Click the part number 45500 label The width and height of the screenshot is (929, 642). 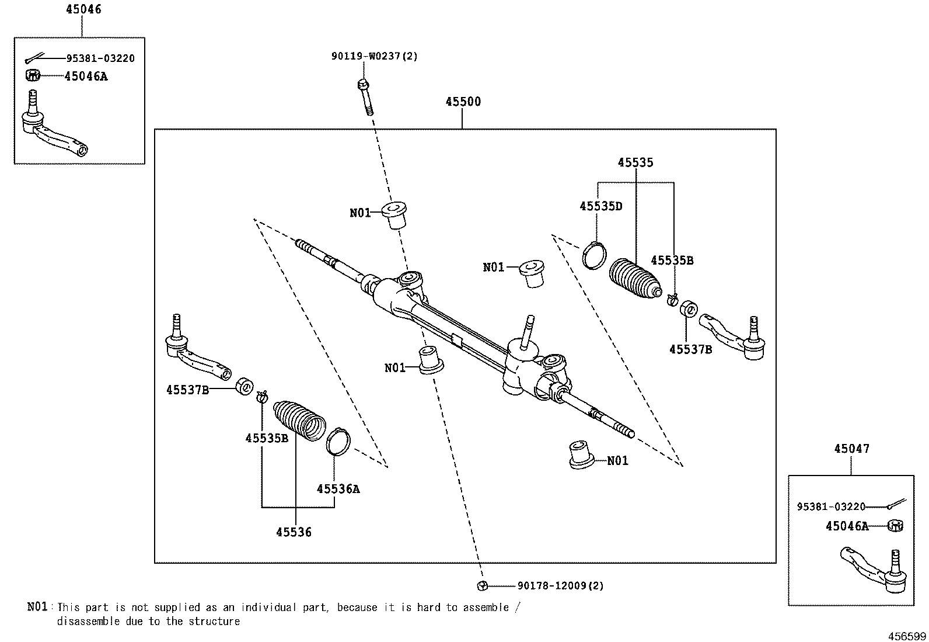pyautogui.click(x=463, y=102)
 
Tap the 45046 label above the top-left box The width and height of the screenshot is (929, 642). pyautogui.click(x=83, y=9)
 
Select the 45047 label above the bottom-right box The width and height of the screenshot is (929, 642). pyautogui.click(x=852, y=449)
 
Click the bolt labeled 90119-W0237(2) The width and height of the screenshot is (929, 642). pyautogui.click(x=365, y=97)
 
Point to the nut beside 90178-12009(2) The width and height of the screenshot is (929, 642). pyautogui.click(x=482, y=585)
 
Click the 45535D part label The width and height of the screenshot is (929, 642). pyautogui.click(x=601, y=206)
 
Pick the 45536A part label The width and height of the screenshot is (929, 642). pyautogui.click(x=338, y=489)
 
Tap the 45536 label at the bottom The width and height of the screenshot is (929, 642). pyautogui.click(x=294, y=532)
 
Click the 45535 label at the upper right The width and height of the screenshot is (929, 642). pyautogui.click(x=635, y=162)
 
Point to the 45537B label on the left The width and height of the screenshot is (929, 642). pyautogui.click(x=187, y=390)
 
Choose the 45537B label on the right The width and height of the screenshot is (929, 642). pyautogui.click(x=690, y=350)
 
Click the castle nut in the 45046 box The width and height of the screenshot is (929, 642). pyautogui.click(x=32, y=75)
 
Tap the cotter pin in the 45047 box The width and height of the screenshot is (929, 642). pyautogui.click(x=897, y=504)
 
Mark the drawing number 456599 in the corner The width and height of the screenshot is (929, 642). pyautogui.click(x=907, y=636)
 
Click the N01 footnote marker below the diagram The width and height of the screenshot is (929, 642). pyautogui.click(x=37, y=607)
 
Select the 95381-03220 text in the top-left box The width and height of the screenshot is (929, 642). pyautogui.click(x=100, y=58)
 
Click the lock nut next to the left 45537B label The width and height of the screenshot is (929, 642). pyautogui.click(x=245, y=386)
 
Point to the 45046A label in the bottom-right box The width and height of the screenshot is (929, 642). pyautogui.click(x=847, y=526)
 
